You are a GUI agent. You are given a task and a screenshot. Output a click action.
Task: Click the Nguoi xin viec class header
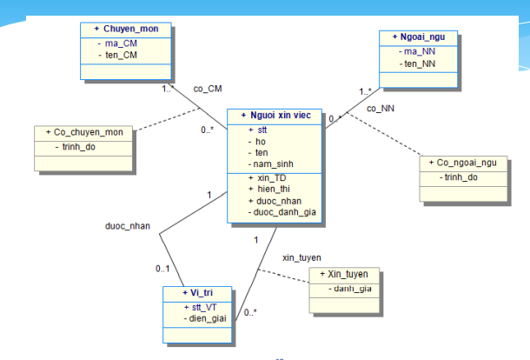[x=276, y=116]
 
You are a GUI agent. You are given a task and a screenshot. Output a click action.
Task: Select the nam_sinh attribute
[x=273, y=163]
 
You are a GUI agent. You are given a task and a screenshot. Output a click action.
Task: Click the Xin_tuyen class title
[x=344, y=273]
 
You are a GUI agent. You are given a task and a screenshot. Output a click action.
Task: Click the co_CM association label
[x=209, y=88]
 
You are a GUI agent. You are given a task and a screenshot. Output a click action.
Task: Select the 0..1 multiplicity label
[x=162, y=268]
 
